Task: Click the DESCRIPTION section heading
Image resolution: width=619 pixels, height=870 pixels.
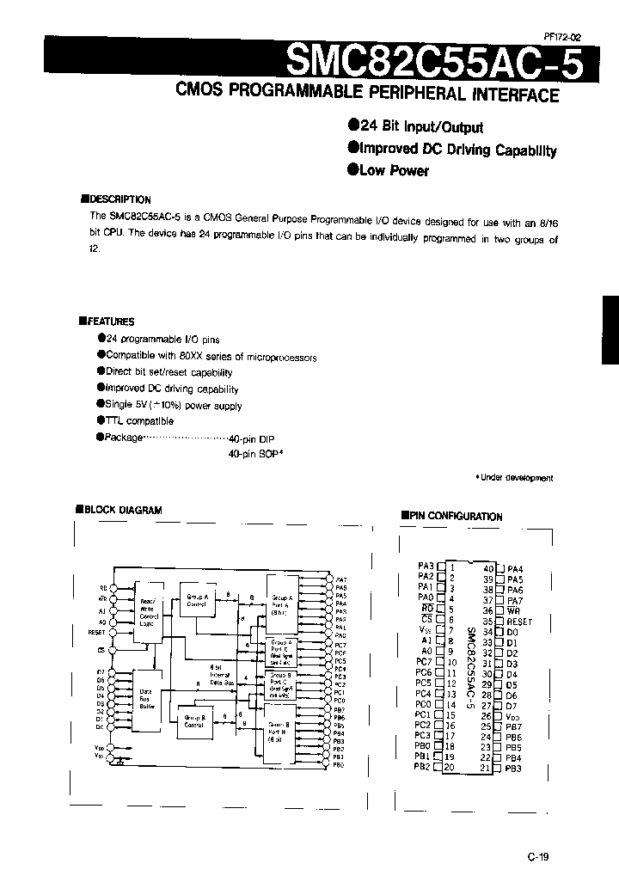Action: [119, 199]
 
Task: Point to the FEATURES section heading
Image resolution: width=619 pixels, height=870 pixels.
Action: [110, 322]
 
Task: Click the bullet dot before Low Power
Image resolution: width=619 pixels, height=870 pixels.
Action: [352, 169]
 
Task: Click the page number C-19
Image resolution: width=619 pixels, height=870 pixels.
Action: [539, 856]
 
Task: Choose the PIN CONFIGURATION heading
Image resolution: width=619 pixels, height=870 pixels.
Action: [455, 516]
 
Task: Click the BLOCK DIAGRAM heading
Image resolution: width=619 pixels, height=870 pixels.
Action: [123, 510]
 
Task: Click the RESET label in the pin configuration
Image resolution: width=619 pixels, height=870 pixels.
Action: [520, 621]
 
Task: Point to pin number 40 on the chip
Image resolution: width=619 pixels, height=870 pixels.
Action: [488, 568]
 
